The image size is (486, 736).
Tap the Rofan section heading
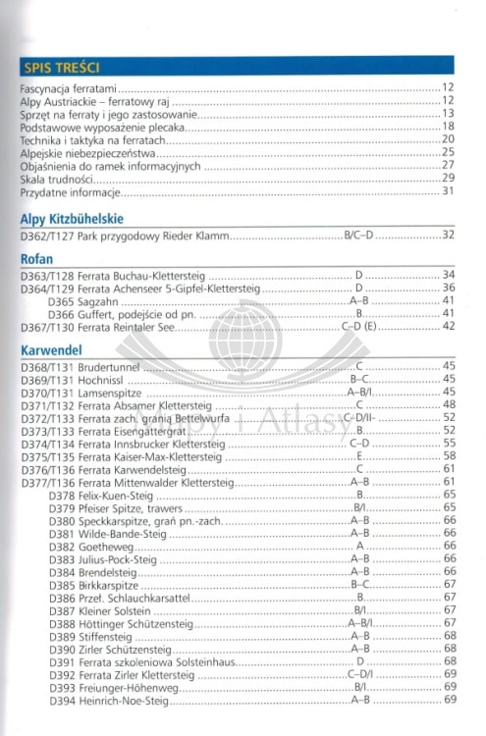[36, 258]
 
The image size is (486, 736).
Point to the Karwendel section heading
[49, 348]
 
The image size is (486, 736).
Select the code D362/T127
[47, 236]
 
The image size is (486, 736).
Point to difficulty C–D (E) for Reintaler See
[359, 326]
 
